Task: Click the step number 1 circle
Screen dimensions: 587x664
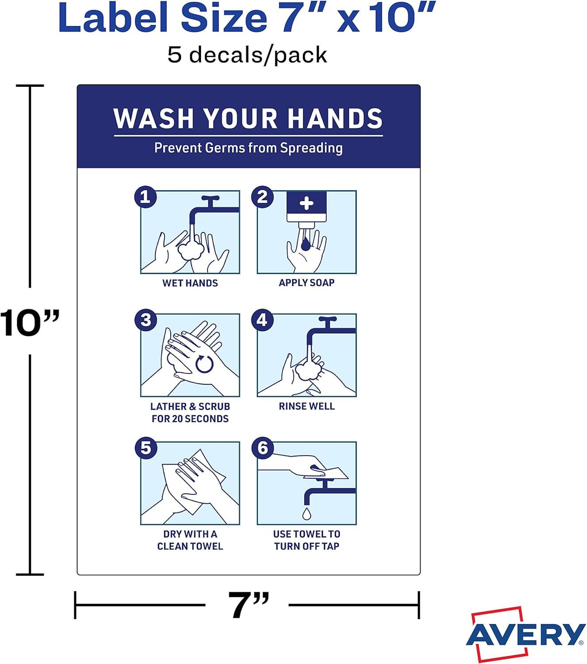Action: pyautogui.click(x=146, y=197)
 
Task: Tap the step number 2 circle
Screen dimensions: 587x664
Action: pyautogui.click(x=262, y=197)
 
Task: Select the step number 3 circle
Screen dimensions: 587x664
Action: pyautogui.click(x=146, y=320)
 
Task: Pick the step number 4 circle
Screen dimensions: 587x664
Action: pyautogui.click(x=262, y=320)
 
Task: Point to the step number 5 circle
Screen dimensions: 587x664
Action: pyautogui.click(x=146, y=448)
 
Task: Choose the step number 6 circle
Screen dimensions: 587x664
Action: pyautogui.click(x=263, y=448)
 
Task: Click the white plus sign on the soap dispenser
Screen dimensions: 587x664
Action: pyautogui.click(x=306, y=203)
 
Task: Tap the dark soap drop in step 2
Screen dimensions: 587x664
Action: pyautogui.click(x=305, y=244)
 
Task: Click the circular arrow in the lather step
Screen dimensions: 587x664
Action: pyautogui.click(x=205, y=364)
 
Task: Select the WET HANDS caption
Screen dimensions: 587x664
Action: pyautogui.click(x=190, y=283)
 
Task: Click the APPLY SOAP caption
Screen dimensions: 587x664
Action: pyautogui.click(x=307, y=282)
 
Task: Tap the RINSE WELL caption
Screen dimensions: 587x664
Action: pyautogui.click(x=307, y=406)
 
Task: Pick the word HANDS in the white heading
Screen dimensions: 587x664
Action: pyautogui.click(x=335, y=118)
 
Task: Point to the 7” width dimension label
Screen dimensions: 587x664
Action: pyautogui.click(x=248, y=605)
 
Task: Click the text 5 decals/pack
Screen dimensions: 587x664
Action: pyautogui.click(x=247, y=55)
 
